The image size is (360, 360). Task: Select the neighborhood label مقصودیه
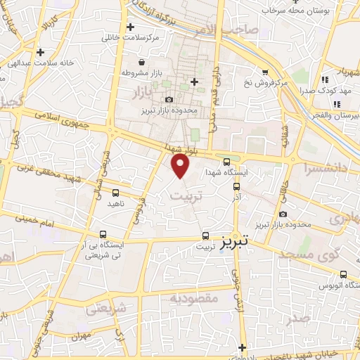pyautogui.click(x=193, y=298)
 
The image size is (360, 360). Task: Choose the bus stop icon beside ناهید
pyautogui.click(x=115, y=193)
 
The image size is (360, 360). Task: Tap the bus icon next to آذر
pyautogui.click(x=236, y=187)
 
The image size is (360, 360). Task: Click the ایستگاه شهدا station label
pyautogui.click(x=224, y=172)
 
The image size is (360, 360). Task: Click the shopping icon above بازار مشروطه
pyautogui.click(x=142, y=61)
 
